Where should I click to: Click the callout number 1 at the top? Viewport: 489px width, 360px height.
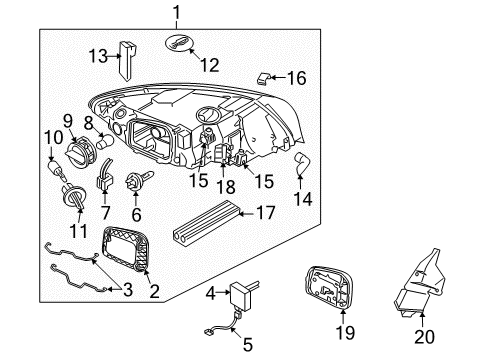pos(176,13)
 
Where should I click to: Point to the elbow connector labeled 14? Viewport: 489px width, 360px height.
pos(303,165)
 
